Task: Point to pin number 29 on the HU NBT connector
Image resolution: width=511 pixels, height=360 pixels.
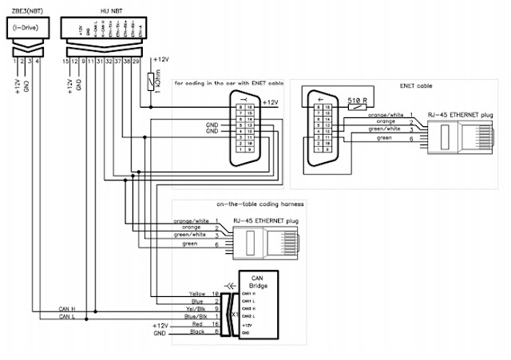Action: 137,61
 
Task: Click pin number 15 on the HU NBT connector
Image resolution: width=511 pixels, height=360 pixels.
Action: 67,61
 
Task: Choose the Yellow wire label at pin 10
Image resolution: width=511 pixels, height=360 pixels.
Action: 197,294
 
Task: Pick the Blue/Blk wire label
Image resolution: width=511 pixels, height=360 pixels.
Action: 196,317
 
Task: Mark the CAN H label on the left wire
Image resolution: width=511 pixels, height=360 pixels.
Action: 67,309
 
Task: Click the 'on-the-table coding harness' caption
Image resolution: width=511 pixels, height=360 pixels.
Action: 252,205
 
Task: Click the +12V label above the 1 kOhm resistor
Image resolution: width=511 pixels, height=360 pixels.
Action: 161,61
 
